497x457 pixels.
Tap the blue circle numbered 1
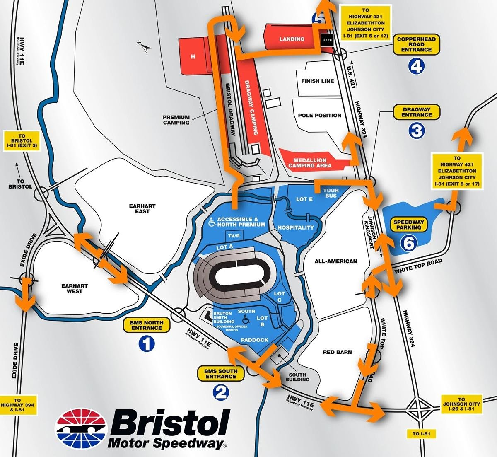(x=147, y=343)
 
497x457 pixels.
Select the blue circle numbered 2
(x=220, y=392)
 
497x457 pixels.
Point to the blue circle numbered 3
(x=416, y=131)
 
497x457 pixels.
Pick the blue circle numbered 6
(x=408, y=244)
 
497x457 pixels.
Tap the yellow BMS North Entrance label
(x=147, y=325)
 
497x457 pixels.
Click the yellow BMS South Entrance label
(x=220, y=374)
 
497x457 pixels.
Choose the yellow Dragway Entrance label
(x=416, y=112)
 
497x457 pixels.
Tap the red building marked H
(x=193, y=56)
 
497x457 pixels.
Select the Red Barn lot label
(x=338, y=352)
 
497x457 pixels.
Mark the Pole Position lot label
(x=319, y=115)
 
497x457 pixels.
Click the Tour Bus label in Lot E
(x=331, y=193)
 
